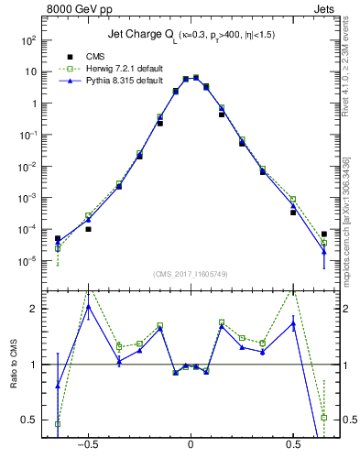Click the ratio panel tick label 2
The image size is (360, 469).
33,310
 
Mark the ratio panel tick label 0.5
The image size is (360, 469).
29,420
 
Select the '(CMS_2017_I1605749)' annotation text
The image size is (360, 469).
190,276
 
